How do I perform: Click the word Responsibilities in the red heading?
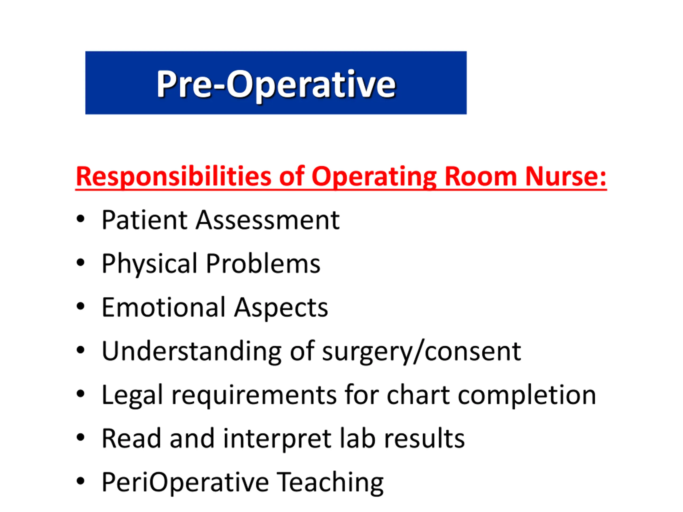click(x=173, y=177)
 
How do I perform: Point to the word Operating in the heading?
click(x=374, y=177)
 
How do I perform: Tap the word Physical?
click(x=149, y=264)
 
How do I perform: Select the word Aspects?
click(x=281, y=308)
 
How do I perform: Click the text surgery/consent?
click(x=422, y=352)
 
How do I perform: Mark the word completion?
click(x=527, y=395)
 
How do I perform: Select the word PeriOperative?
click(x=185, y=483)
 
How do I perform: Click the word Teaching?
click(x=330, y=483)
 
